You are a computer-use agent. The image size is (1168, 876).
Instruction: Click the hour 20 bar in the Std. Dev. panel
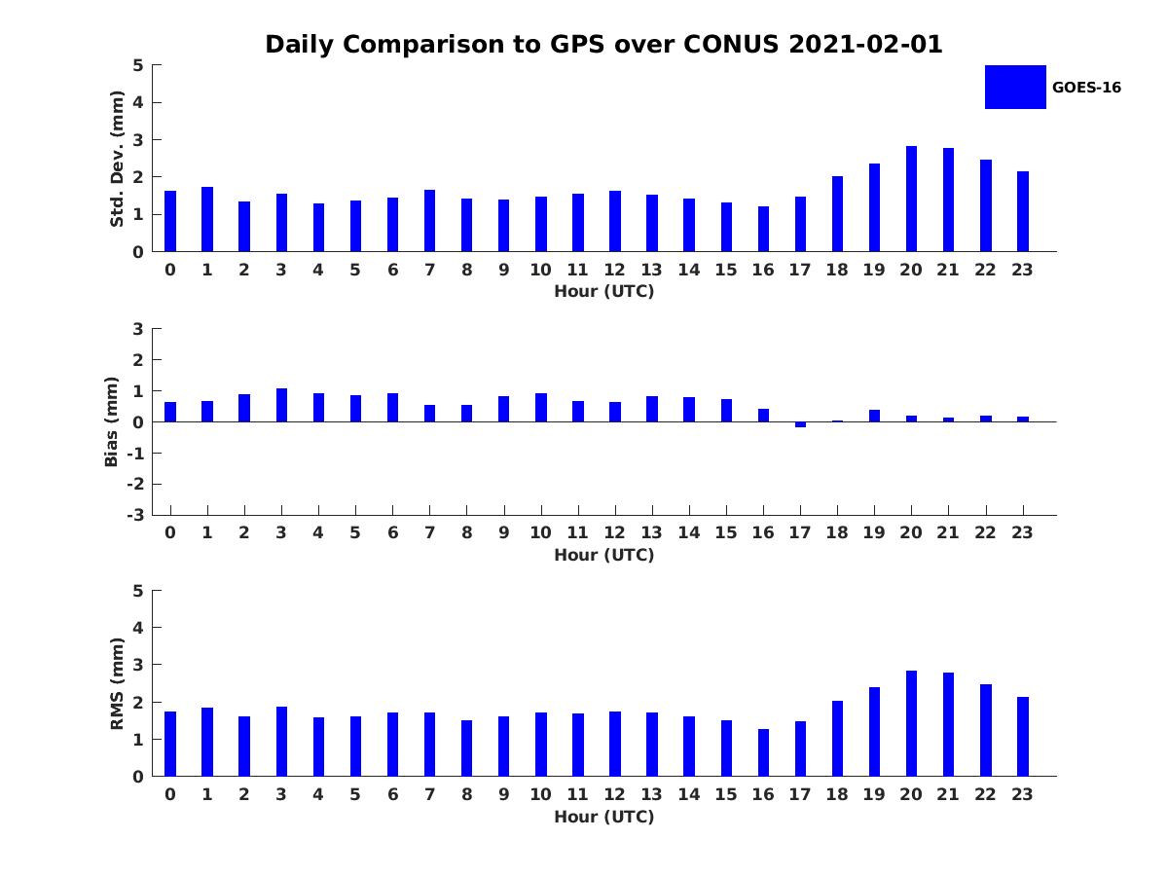911,199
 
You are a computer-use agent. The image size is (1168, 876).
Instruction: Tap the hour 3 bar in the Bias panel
281,405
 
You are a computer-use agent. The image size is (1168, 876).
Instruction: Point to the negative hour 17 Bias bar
800,424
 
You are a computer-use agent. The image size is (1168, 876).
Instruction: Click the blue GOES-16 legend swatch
1015,87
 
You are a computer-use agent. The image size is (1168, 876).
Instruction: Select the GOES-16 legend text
1086,88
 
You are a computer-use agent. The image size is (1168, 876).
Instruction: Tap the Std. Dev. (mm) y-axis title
118,159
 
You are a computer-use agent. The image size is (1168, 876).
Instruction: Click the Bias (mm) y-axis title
112,421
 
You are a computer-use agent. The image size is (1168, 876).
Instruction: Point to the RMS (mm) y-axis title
118,683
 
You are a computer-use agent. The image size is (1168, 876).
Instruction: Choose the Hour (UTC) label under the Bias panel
603,555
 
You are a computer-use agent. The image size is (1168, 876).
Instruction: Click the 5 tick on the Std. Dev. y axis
138,65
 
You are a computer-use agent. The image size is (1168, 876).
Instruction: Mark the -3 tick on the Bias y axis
135,515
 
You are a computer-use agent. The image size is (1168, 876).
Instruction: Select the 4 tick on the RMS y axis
138,628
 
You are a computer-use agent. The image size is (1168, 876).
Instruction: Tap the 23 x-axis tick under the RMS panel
1022,794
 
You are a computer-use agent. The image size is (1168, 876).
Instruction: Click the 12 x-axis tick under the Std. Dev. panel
615,270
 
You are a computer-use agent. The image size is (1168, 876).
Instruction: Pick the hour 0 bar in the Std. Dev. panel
170,221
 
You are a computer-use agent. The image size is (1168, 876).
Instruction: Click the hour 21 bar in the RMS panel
948,724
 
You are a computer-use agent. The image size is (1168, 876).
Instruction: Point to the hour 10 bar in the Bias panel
541,408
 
